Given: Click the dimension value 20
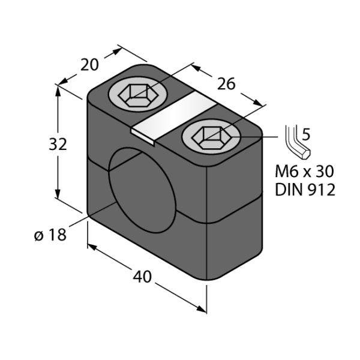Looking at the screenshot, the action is click(89, 65).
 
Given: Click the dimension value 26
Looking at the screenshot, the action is click(226, 84).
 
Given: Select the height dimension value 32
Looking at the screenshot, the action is click(58, 144).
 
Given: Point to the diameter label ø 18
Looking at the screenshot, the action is click(50, 235).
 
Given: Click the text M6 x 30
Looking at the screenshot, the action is click(304, 171).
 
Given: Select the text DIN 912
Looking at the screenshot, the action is click(305, 190).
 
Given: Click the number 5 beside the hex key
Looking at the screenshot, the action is click(306, 134).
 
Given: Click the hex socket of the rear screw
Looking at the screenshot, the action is click(138, 95).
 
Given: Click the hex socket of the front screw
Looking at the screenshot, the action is click(211, 137).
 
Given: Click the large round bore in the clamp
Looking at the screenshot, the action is click(142, 190).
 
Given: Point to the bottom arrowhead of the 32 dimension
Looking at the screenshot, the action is click(58, 193).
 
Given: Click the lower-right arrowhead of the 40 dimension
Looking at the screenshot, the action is click(202, 309).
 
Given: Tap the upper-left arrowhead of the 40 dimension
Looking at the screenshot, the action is click(92, 247).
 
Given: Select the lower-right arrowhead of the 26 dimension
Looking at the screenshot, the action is click(258, 103).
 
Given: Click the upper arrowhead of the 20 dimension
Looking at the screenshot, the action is click(116, 51).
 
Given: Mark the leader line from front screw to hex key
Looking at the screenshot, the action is click(255, 137).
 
